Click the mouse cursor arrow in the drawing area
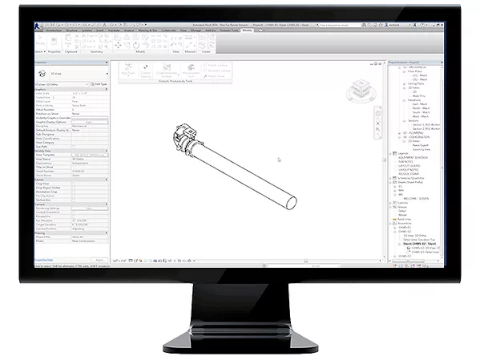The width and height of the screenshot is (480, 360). (279, 159)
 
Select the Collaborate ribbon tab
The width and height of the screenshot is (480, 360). (169, 30)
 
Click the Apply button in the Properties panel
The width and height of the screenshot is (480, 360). (99, 261)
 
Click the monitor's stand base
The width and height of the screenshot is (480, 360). (240, 343)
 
